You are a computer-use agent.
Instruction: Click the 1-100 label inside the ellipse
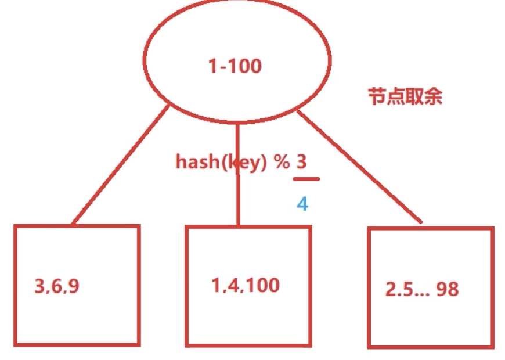[x=235, y=66]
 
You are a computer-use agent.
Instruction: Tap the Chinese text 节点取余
[x=405, y=96]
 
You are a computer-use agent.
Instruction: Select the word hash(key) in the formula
[x=221, y=162]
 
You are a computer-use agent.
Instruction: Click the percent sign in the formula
[x=282, y=162]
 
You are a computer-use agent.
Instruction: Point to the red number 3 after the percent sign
[x=301, y=161]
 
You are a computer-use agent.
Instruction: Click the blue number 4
[x=302, y=204]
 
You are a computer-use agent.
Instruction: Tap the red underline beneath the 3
[x=306, y=179]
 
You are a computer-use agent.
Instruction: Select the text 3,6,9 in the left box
[x=56, y=286]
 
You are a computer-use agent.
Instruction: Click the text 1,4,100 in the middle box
[x=245, y=285]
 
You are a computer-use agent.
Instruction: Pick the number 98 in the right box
[x=447, y=289]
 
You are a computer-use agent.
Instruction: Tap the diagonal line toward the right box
[x=360, y=168]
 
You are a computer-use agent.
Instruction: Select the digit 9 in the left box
[x=73, y=286]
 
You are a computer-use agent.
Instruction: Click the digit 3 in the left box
[x=40, y=286]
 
